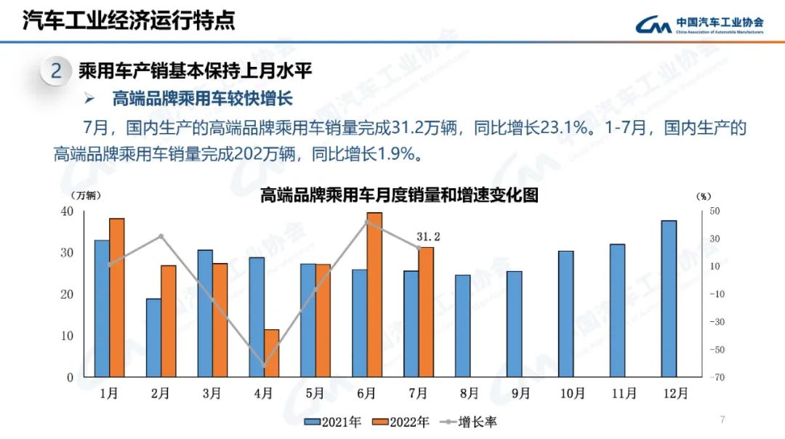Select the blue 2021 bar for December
(x=669, y=298)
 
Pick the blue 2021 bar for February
(x=153, y=338)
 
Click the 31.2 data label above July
(x=429, y=237)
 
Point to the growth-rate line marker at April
(x=265, y=366)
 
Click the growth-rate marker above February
(x=161, y=236)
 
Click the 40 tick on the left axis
(x=67, y=212)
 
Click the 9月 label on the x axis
(x=520, y=394)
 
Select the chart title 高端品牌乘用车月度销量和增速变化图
(x=399, y=196)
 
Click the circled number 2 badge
(x=56, y=71)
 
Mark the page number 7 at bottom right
(x=722, y=420)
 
